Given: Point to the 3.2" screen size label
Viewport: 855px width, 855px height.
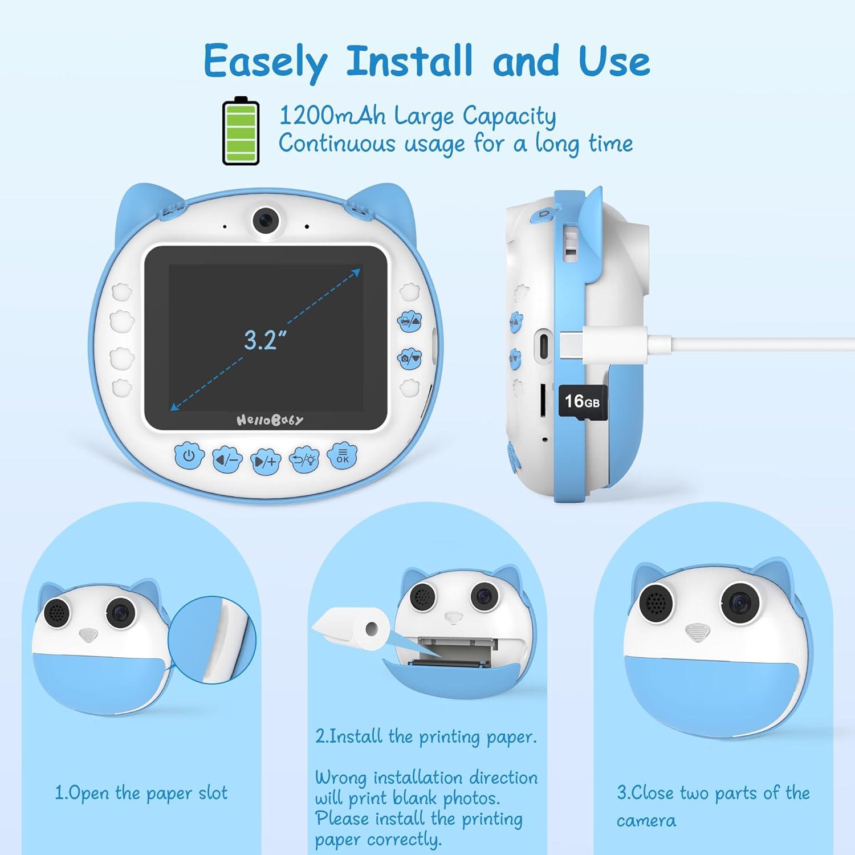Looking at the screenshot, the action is (264, 340).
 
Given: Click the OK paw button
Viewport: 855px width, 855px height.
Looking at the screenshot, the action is (343, 456).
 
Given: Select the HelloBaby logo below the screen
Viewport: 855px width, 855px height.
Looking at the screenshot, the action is (270, 420).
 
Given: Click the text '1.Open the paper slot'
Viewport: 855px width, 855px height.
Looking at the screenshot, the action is (141, 793).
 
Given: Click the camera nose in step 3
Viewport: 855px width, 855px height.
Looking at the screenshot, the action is (698, 632).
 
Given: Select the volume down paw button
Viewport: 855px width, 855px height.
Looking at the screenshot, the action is (227, 459).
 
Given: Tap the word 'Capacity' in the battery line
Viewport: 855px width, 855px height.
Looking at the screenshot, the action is (509, 117).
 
